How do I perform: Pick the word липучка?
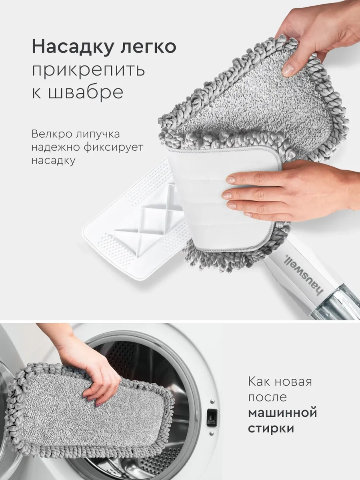[98, 134]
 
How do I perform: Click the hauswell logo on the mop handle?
[302, 275]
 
